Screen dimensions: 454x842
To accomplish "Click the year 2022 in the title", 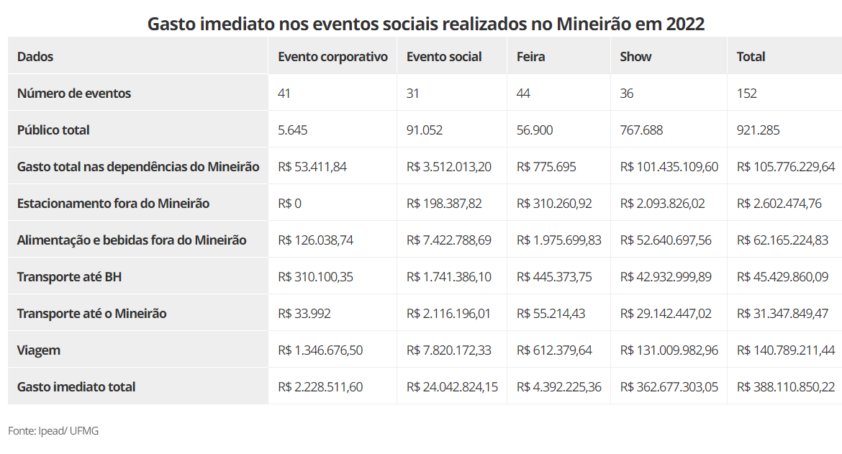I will (685, 24).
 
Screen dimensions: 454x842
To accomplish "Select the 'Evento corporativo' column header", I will (332, 57).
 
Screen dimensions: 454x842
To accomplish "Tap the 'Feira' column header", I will (531, 57).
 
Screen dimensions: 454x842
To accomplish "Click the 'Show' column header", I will (635, 57).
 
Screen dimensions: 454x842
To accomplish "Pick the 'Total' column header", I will (751, 57).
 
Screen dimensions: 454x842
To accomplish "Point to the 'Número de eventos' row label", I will (74, 94).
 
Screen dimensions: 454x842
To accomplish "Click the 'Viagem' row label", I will (39, 350).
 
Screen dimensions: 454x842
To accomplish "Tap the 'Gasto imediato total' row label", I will (76, 387).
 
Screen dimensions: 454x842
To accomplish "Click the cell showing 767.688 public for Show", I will (641, 130).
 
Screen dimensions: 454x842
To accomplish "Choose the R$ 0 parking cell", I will (289, 204).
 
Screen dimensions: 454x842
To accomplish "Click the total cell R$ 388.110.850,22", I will (786, 387).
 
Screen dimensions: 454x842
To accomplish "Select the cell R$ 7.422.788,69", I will (449, 240).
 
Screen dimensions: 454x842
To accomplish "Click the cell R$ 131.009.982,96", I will (669, 350).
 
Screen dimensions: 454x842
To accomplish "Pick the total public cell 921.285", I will (758, 130).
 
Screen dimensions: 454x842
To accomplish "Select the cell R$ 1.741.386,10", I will (449, 277).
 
